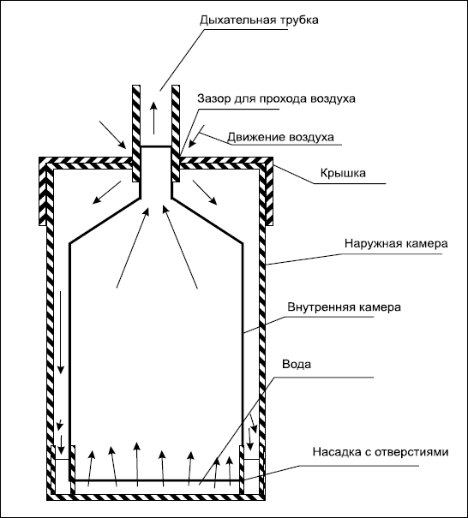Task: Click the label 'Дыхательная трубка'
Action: pyautogui.click(x=259, y=21)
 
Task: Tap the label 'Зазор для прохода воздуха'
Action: pyautogui.click(x=276, y=98)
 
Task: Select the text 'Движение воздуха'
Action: pyautogui.click(x=280, y=137)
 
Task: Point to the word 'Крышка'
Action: pyautogui.click(x=343, y=174)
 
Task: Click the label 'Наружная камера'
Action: pyautogui.click(x=396, y=243)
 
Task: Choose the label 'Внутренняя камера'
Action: pyautogui.click(x=344, y=307)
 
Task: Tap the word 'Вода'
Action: pyautogui.click(x=297, y=365)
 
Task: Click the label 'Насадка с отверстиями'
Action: pyautogui.click(x=381, y=451)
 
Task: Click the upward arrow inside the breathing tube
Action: pyautogui.click(x=153, y=118)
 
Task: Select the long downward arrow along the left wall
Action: pyautogui.click(x=60, y=332)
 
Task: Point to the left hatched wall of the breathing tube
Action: pyautogui.click(x=136, y=134)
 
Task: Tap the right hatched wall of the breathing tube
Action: pyautogui.click(x=176, y=134)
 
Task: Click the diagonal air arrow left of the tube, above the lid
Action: pyautogui.click(x=113, y=134)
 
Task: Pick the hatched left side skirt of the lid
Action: pyautogui.click(x=42, y=192)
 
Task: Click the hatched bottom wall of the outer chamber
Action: pyautogui.click(x=156, y=497)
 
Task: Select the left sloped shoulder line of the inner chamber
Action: pyautogui.click(x=105, y=221)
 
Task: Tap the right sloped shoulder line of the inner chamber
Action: pyautogui.click(x=207, y=221)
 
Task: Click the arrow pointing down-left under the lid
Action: pyautogui.click(x=107, y=193)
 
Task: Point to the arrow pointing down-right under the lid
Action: pyautogui.click(x=205, y=193)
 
